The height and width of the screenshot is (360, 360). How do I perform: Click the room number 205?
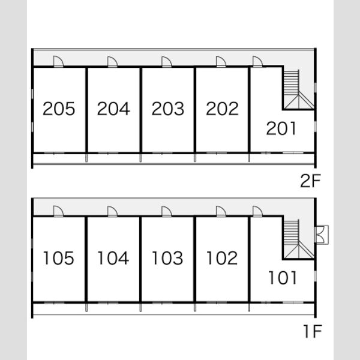point(59,109)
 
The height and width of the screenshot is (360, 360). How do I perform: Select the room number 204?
point(113,109)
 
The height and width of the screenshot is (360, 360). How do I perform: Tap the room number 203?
point(168,109)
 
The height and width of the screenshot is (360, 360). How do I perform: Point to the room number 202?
point(222,109)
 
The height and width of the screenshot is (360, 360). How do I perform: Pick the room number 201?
point(281,128)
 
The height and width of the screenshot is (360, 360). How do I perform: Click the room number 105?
point(59,258)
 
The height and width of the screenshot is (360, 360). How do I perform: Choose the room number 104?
point(113,258)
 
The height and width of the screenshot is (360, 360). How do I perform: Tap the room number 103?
point(167,258)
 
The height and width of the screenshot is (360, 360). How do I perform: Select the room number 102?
point(222,258)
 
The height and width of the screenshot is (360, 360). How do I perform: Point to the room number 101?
point(283,278)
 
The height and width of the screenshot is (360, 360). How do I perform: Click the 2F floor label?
point(310,181)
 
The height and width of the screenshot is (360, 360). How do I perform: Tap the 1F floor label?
point(313,331)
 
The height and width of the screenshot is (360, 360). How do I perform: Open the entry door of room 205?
point(58,62)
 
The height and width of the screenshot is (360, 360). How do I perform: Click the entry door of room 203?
point(167,62)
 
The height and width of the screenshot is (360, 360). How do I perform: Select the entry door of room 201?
point(257,62)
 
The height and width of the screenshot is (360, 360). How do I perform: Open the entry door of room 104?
point(113,211)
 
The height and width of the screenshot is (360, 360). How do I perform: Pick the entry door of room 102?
point(221,211)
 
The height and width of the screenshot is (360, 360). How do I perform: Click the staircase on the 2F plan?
point(298,89)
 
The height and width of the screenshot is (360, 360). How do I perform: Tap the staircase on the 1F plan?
point(298,239)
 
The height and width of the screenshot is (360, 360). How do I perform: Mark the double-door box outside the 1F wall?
point(322,235)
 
